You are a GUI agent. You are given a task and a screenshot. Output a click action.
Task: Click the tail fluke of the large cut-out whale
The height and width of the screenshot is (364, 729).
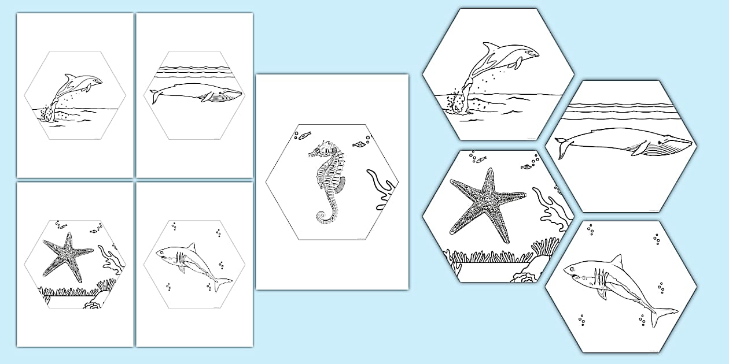562,147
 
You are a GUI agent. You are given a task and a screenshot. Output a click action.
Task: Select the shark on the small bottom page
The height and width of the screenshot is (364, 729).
190,263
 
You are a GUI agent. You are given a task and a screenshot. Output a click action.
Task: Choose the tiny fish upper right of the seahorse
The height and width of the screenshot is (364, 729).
360,142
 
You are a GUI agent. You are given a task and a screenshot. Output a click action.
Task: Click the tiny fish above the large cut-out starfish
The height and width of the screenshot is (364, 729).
526,167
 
